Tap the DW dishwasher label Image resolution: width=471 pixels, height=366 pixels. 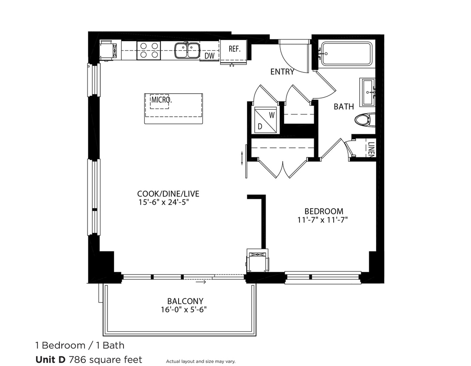point(209,56)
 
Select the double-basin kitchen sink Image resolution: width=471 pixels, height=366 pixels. point(187,50)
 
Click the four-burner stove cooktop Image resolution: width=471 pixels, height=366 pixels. point(149,50)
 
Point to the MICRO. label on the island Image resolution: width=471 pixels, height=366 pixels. point(161,100)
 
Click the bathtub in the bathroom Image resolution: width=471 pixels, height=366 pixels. point(346,54)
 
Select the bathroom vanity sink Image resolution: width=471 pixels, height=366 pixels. point(367,92)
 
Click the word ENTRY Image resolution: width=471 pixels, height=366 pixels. point(282,72)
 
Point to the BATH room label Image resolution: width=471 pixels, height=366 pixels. point(344,107)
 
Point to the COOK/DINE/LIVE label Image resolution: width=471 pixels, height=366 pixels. point(168,194)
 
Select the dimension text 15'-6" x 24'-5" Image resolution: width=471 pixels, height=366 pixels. point(164,202)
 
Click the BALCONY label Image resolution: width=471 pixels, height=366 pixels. point(185,301)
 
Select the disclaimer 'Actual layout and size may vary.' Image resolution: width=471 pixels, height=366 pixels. point(201,361)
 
